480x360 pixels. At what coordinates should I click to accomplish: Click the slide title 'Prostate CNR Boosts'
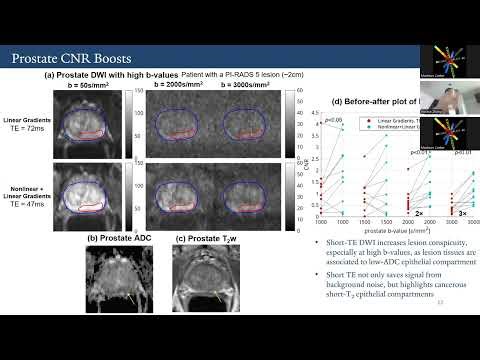click(75, 60)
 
